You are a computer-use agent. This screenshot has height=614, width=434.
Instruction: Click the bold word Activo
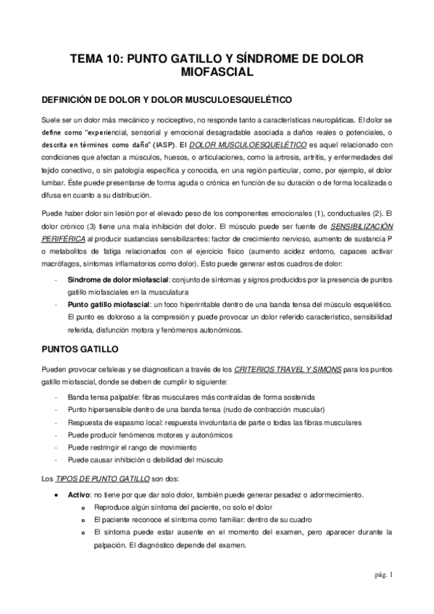tap(78, 495)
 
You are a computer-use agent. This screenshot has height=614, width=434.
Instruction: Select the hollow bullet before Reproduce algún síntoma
tap(85, 508)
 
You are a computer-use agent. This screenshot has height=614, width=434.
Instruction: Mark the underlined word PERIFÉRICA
tap(63, 259)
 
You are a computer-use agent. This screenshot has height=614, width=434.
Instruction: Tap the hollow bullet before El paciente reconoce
tap(85, 520)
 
